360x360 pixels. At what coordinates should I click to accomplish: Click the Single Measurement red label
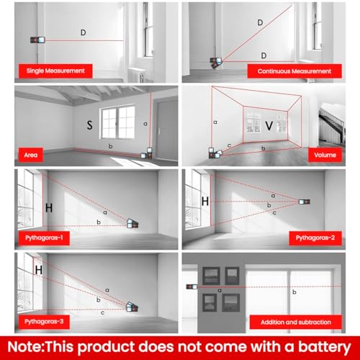coord(55,71)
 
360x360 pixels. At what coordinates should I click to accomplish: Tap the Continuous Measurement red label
coord(294,71)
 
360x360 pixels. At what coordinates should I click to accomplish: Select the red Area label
coord(31,155)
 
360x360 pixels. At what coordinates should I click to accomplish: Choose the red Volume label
coord(325,155)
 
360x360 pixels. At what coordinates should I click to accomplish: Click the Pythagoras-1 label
coord(44,238)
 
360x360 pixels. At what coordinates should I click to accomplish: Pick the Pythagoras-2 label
coord(315,238)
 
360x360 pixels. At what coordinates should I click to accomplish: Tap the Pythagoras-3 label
coord(44,322)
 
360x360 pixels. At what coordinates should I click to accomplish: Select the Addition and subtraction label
coord(296,322)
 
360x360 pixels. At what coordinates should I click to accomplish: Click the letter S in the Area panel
coord(89,125)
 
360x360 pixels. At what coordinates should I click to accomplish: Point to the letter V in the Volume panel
coord(269,125)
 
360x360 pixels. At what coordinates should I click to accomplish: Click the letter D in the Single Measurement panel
coord(84,32)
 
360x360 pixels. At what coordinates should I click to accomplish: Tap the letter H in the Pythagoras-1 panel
coord(49,208)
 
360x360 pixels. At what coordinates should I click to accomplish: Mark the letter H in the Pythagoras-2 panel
coord(205,202)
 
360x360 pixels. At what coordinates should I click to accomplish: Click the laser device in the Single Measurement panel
coord(37,40)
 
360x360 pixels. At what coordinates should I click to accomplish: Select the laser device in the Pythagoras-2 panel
coord(305,202)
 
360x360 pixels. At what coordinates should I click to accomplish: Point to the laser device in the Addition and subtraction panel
coord(192,287)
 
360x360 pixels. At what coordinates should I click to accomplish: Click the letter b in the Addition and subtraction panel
coord(294,292)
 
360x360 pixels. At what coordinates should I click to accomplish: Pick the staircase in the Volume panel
coord(332,127)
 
